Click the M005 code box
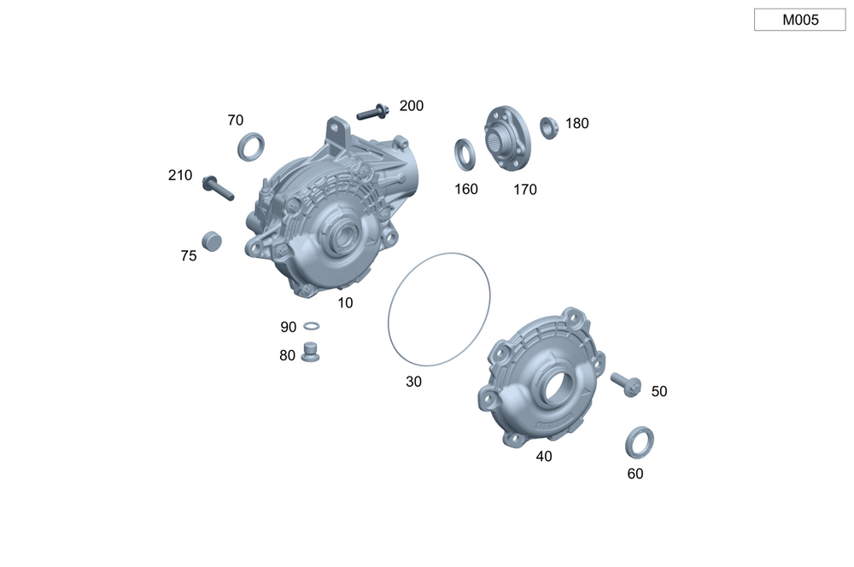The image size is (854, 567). point(799,20)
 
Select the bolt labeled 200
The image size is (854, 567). point(373,112)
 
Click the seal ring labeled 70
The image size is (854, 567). point(251,147)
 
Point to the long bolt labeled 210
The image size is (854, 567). point(218,188)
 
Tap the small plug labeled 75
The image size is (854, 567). point(211,241)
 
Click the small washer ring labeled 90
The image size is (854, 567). point(311,325)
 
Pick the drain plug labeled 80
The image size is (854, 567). point(311,351)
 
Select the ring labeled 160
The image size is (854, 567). point(465,155)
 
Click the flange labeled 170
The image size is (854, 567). point(507,138)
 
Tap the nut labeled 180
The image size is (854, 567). point(549,128)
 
